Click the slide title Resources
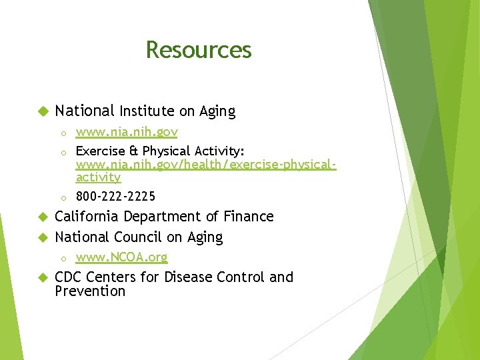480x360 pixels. pos(199,50)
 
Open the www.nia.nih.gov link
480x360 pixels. pos(126,133)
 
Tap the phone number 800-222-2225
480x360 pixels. pos(115,196)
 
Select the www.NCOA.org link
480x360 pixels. pos(121,257)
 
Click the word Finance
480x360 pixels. pos(249,217)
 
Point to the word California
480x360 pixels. pos(86,217)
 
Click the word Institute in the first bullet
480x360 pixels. pos(147,111)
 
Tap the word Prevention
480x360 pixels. pos(90,291)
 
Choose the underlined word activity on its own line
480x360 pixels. pos(98,177)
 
